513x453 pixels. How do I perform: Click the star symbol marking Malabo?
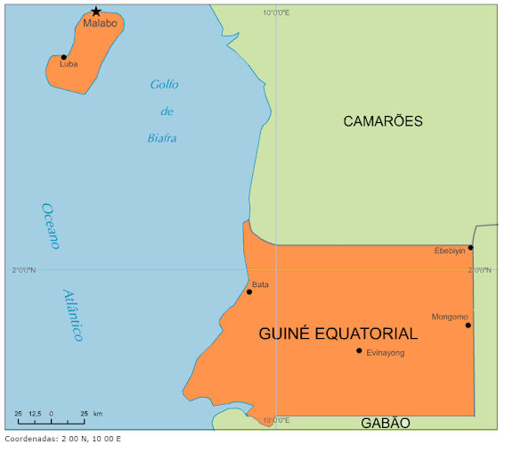(95, 12)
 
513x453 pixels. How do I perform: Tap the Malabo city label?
(100, 23)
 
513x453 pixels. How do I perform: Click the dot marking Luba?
(64, 57)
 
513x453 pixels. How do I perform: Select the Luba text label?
(69, 65)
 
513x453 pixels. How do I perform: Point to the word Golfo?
(164, 85)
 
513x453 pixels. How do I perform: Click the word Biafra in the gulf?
(162, 138)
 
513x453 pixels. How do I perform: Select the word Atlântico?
(73, 316)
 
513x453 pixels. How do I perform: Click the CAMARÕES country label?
(383, 121)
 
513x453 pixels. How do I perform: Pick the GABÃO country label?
(385, 423)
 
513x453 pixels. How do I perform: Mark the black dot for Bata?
(249, 292)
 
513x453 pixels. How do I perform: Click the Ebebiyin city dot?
(470, 248)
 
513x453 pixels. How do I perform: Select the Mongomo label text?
(449, 317)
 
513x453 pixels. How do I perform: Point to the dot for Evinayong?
(359, 350)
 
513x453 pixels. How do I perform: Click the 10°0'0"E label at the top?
(276, 12)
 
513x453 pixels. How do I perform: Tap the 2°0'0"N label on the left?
(24, 269)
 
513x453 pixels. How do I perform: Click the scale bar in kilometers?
(52, 420)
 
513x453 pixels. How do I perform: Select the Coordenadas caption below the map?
(62, 439)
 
